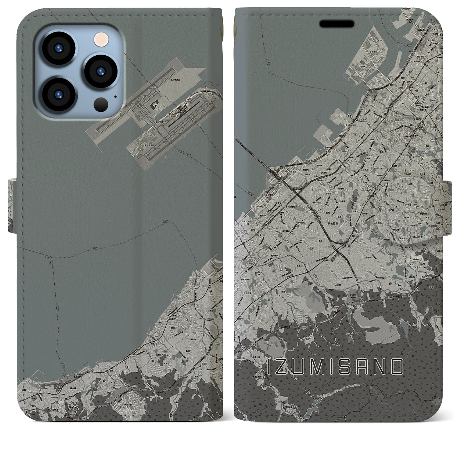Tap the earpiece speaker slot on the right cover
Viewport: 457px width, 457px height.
click(337, 24)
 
